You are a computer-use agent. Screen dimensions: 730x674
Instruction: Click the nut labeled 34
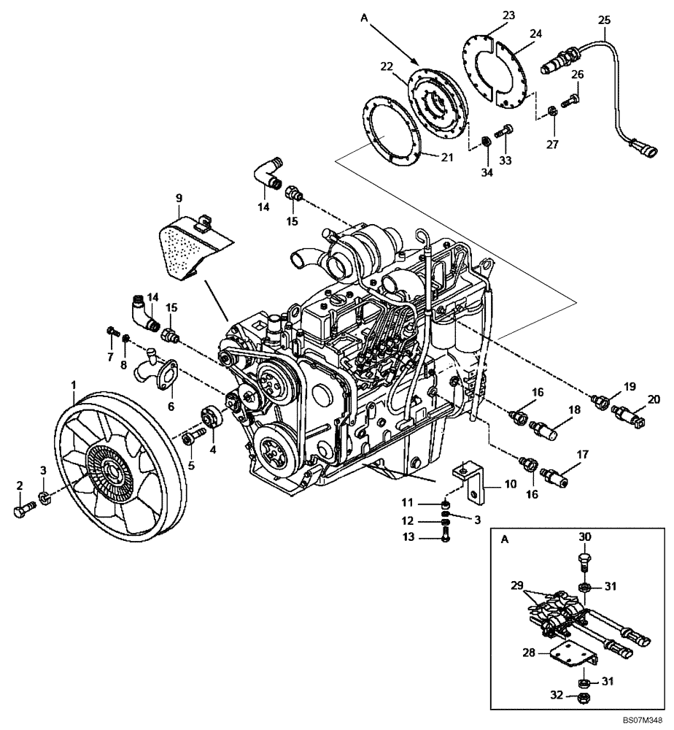486,140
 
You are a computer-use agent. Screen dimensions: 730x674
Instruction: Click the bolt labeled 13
446,537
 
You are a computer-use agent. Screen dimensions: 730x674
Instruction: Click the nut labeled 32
584,699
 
